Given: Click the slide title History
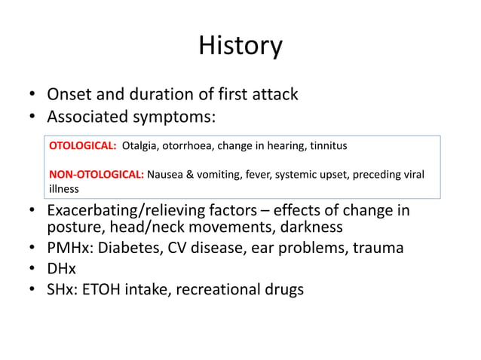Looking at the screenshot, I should click(240, 46).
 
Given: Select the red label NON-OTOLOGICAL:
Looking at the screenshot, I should click(97, 175).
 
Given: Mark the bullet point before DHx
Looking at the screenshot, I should click(32, 269).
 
